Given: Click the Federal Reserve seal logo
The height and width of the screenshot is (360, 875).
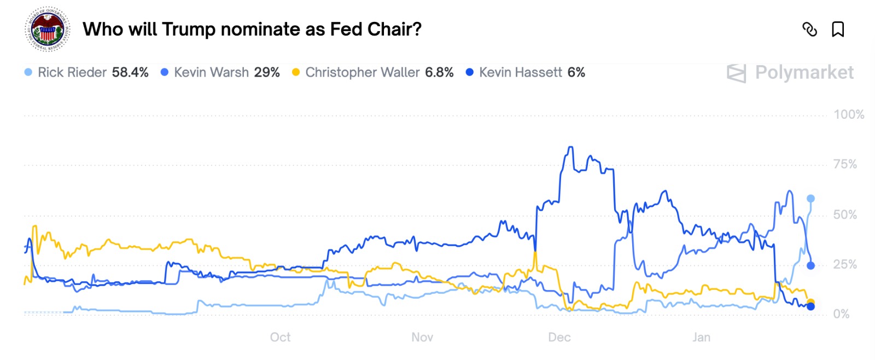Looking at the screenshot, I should [x=48, y=30].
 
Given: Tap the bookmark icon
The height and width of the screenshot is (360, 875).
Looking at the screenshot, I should [x=837, y=29].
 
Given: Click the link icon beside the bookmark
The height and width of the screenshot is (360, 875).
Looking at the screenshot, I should [x=809, y=29].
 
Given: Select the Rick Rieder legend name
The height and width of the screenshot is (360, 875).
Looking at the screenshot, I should [x=72, y=72].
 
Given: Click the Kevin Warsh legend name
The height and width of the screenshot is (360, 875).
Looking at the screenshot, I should [x=211, y=72].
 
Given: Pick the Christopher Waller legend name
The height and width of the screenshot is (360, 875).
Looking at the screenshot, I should [x=362, y=72].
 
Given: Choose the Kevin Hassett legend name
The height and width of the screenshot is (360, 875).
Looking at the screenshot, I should [x=520, y=72].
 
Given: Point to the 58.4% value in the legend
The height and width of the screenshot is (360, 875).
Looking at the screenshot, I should [x=130, y=72].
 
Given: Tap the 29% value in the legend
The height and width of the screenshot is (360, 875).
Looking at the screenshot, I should [x=267, y=72].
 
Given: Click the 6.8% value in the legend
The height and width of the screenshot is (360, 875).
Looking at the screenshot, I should [x=439, y=72].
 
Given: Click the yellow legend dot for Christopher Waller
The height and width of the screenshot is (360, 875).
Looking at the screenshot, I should [x=296, y=72].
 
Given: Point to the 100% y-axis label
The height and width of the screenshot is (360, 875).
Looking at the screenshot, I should [x=848, y=115].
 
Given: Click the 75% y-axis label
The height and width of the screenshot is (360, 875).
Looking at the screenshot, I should [x=845, y=165].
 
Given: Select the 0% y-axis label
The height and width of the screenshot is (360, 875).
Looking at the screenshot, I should [x=841, y=314].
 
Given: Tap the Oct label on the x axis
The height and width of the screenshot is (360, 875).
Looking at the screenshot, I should [x=280, y=337].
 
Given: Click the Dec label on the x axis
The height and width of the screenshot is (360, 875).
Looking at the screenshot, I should [x=559, y=337].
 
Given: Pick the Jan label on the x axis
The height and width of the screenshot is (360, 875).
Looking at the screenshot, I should [x=701, y=337].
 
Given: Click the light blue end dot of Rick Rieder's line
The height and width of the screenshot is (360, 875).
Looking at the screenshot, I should [x=810, y=199].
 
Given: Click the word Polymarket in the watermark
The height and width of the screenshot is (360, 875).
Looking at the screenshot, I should [x=804, y=72].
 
